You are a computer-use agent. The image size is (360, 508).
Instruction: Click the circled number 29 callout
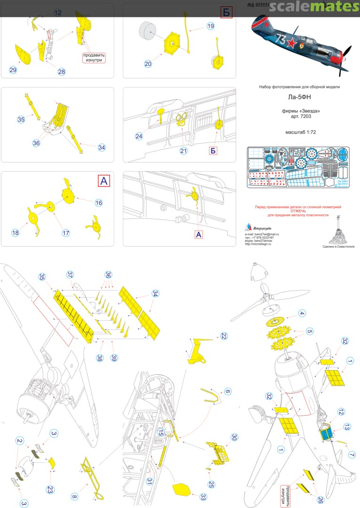(x=13, y=70)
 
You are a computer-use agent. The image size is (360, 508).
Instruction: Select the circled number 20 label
(x=148, y=64)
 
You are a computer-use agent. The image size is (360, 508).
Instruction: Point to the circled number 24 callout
(x=139, y=136)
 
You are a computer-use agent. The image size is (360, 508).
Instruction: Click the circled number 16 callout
(x=98, y=203)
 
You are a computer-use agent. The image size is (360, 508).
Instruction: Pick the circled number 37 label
(x=70, y=275)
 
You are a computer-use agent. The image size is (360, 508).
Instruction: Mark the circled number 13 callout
(x=347, y=427)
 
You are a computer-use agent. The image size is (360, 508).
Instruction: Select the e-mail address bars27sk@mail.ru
(x=267, y=234)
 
